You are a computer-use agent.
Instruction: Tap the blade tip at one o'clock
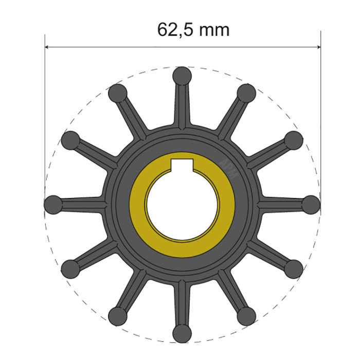(x=246, y=93)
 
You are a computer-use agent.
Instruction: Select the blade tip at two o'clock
(x=294, y=140)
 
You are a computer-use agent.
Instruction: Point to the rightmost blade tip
(x=311, y=204)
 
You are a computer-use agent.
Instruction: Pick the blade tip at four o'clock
(x=294, y=268)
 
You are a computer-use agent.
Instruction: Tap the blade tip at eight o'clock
(x=71, y=268)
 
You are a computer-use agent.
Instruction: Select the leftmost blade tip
(x=53, y=204)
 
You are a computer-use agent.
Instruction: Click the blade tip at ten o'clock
(x=71, y=140)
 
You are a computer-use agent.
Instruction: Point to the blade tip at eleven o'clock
(x=118, y=93)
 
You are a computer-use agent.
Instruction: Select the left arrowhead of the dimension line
(x=49, y=47)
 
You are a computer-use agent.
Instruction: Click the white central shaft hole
(x=183, y=206)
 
